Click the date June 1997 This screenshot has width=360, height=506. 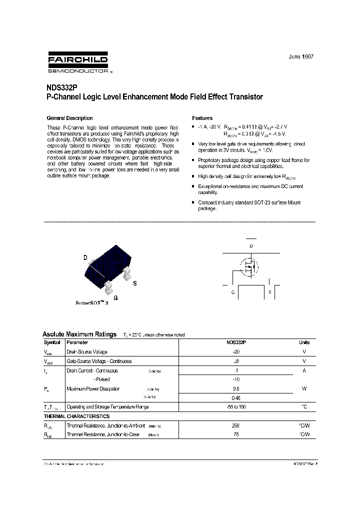[301, 57]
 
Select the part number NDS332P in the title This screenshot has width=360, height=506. [60, 87]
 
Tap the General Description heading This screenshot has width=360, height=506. [69, 118]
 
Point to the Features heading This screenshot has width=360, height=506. [202, 118]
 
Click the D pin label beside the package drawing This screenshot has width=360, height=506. [85, 258]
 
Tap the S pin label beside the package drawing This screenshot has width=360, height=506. [134, 283]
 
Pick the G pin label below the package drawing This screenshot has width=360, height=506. [115, 298]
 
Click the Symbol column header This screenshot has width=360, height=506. [52, 342]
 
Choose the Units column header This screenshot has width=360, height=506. [304, 342]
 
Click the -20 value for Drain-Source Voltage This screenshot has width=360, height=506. [236, 352]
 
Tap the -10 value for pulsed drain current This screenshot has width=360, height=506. [236, 379]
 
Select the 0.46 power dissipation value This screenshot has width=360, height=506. [236, 398]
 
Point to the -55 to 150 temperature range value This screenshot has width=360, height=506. [236, 407]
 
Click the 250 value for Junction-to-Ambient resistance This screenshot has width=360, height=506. [236, 425]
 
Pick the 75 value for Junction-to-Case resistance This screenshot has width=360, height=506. [236, 434]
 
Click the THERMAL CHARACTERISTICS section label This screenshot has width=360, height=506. [76, 416]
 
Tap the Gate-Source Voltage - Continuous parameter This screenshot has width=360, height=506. [99, 361]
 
